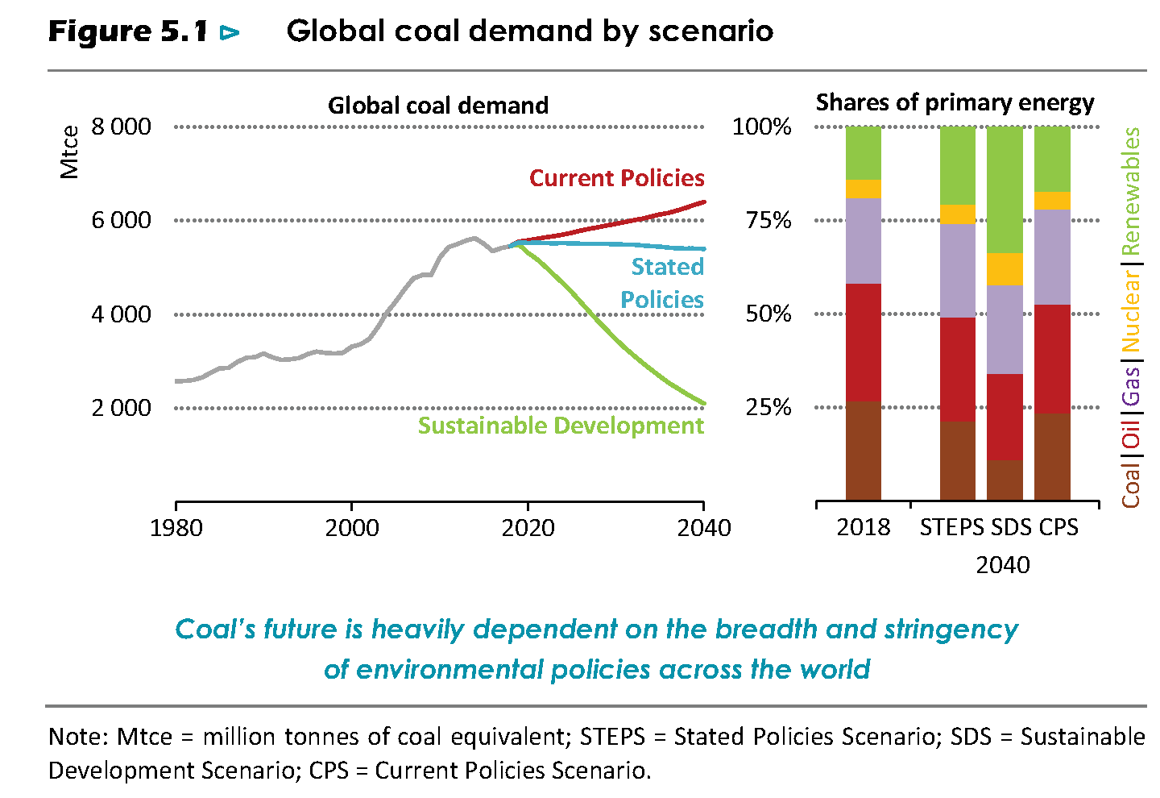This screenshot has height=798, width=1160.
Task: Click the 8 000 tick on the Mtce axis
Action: pos(121,127)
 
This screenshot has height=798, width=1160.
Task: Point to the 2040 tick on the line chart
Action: pos(704,528)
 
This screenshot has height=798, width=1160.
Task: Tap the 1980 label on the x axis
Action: pos(176,528)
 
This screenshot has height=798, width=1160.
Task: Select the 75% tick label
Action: pos(768,220)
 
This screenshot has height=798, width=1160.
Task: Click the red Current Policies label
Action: pos(616,178)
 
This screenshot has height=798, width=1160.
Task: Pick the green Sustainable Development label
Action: pos(561,426)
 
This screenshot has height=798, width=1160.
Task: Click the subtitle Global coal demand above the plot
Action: pos(437,106)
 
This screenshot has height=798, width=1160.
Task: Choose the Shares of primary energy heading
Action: pos(955,103)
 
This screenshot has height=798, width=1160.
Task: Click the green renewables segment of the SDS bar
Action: pos(1005,189)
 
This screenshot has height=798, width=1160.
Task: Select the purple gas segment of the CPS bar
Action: pos(1052,256)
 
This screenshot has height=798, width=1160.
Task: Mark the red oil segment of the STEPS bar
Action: pos(958,368)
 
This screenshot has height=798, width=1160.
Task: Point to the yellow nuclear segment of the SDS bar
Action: pos(1005,268)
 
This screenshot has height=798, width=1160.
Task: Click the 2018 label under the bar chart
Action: pos(863,527)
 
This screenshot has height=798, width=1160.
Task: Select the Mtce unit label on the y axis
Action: pos(70,152)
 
